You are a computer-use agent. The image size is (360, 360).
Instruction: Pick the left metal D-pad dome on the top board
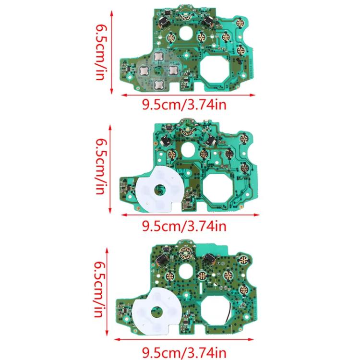click(143, 71)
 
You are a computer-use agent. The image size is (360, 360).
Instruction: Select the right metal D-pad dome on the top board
click(173, 71)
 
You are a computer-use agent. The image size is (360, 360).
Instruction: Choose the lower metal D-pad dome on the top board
click(158, 85)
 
